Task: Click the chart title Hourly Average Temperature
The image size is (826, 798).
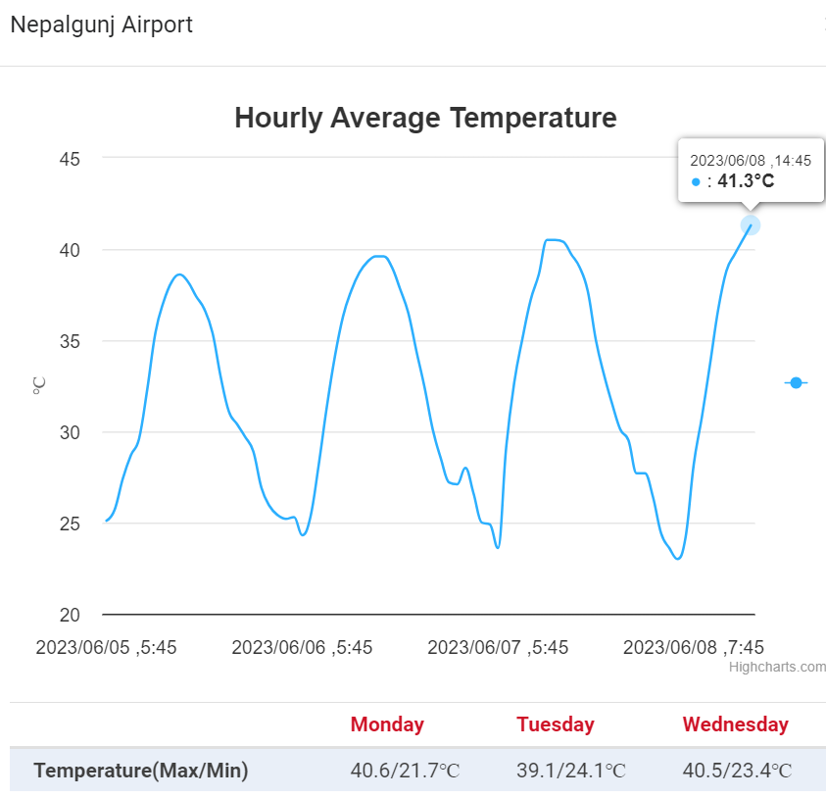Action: (425, 119)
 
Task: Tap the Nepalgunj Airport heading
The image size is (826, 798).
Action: (101, 25)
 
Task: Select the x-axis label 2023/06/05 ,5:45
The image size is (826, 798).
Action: (106, 647)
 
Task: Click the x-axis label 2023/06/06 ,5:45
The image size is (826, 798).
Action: (302, 647)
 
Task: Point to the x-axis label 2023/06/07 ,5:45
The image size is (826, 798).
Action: (498, 647)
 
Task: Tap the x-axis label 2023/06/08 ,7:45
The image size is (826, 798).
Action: (694, 647)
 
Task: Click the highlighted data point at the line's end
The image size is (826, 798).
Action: (751, 224)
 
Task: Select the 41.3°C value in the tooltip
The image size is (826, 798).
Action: (746, 180)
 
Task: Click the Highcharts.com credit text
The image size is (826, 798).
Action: (777, 668)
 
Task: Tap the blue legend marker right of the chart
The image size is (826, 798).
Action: (796, 382)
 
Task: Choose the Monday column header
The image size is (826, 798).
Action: (387, 724)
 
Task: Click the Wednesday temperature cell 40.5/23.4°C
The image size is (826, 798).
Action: (737, 771)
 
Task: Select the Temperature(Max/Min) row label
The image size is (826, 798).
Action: (141, 771)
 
